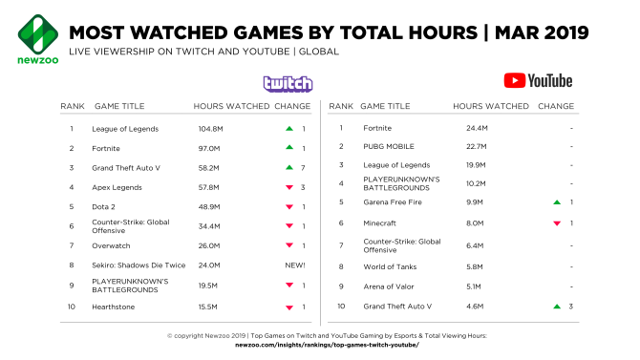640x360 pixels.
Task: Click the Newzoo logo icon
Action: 38,34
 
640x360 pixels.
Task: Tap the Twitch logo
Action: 288,84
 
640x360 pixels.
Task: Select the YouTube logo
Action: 538,81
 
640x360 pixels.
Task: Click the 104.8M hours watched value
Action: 210,129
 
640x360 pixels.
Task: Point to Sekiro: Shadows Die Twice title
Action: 139,265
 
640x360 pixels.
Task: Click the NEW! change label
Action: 295,265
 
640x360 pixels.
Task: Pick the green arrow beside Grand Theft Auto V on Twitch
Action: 289,167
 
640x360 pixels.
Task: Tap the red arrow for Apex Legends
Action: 289,187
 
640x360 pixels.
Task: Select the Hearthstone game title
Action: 113,307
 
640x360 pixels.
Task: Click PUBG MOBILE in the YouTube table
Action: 389,146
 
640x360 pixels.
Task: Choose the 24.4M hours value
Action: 477,128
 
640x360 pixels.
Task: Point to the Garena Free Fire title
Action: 393,202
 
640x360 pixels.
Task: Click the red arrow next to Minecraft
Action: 557,223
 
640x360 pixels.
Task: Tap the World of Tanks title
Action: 390,267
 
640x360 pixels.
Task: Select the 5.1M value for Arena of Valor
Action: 474,286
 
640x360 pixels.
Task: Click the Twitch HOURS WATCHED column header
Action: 231,106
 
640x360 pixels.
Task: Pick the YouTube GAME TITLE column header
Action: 385,106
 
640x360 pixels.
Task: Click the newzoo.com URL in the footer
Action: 327,345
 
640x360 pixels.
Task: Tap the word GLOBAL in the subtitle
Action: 319,52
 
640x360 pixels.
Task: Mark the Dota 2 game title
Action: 103,207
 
